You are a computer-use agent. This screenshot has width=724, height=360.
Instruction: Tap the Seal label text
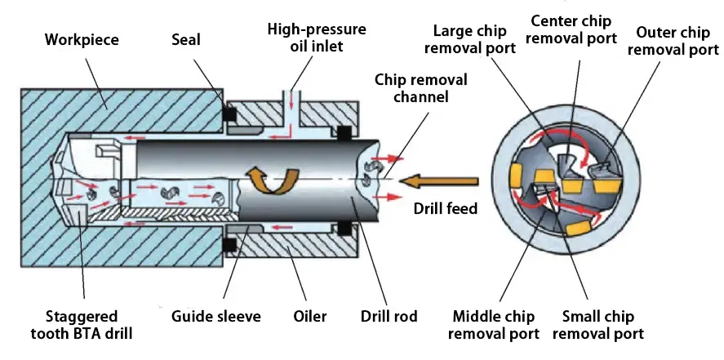(187, 38)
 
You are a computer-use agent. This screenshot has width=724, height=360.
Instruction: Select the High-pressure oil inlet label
(304, 38)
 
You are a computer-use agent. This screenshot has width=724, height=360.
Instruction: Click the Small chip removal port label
(603, 325)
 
